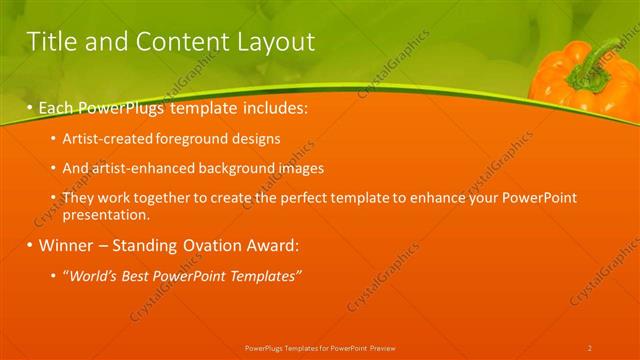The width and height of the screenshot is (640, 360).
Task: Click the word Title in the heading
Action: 50,42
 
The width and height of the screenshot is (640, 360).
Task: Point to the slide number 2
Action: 589,348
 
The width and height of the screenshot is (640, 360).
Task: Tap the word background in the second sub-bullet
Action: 233,168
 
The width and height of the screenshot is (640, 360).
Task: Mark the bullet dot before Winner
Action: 29,245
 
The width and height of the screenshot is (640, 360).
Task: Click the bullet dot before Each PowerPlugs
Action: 29,105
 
